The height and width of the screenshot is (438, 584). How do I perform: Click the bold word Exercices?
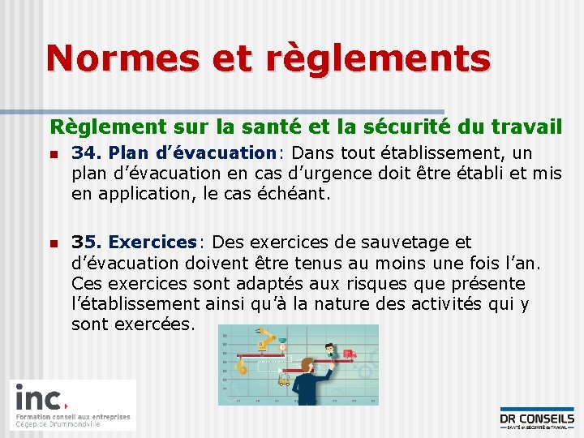(152, 242)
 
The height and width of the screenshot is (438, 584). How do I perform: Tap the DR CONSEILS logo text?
(537, 419)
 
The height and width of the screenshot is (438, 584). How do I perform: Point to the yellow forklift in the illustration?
(285, 377)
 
